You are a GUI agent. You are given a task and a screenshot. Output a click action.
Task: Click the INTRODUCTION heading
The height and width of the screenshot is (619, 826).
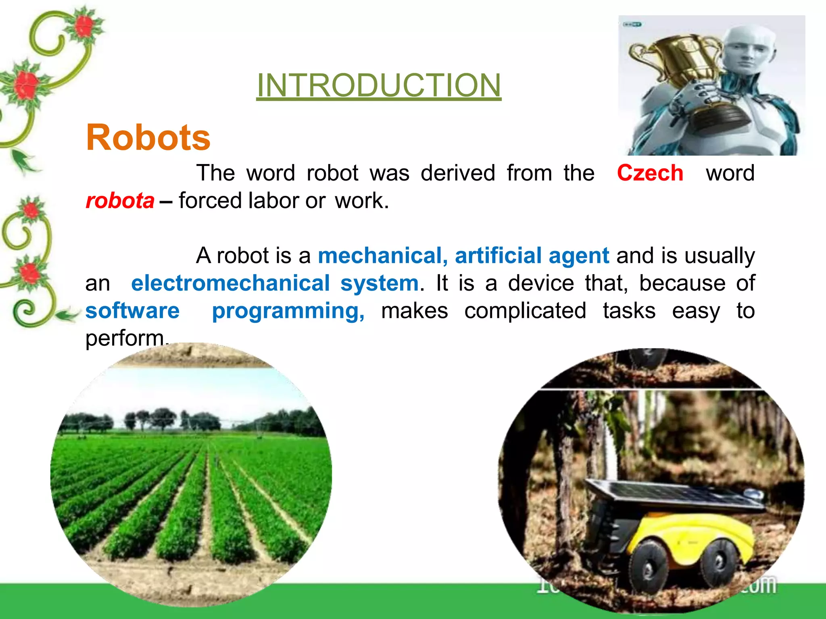tap(378, 85)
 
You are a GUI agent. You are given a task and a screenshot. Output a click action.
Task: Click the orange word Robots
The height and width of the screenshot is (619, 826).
tap(148, 138)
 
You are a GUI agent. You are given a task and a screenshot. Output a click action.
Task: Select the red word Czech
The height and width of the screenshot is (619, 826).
tap(650, 173)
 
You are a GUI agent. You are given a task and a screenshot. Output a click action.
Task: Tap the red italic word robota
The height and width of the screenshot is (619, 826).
tap(120, 201)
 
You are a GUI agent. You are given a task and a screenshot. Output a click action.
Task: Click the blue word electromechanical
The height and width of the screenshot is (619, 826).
tap(230, 283)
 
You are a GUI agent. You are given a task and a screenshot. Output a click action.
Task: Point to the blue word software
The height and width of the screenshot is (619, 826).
tap(132, 311)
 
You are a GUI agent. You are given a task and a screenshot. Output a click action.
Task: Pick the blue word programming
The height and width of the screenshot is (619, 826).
tap(288, 311)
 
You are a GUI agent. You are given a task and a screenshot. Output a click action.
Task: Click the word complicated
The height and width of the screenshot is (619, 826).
tap(525, 311)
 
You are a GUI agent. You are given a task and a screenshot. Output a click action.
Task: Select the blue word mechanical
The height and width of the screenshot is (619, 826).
tap(382, 255)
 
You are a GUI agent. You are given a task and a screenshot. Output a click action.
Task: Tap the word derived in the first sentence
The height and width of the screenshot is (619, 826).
tap(457, 173)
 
